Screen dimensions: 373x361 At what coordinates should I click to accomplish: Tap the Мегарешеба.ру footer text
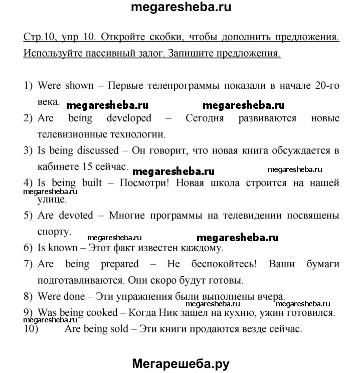coord(180,363)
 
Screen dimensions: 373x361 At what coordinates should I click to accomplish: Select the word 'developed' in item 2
coord(129,118)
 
